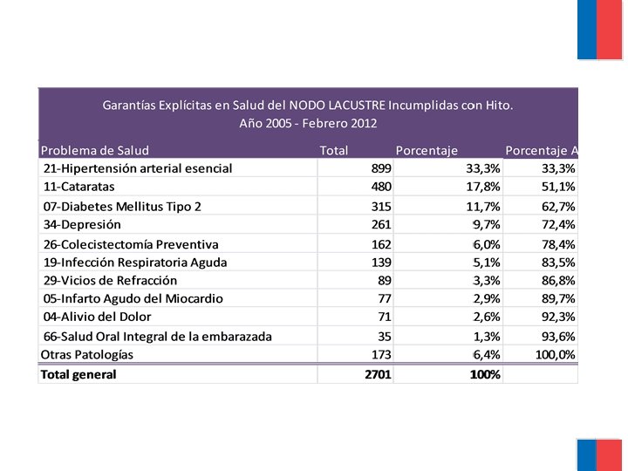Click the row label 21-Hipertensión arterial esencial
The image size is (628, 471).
[x=138, y=168]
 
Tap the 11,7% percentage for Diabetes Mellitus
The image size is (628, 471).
[x=482, y=206]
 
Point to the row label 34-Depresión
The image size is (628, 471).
[x=82, y=224]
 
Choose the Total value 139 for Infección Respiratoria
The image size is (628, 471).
[x=379, y=262]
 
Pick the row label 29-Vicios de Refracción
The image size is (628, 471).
[x=110, y=280]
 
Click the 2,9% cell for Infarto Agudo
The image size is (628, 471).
[x=486, y=298]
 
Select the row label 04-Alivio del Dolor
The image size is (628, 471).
[x=97, y=317]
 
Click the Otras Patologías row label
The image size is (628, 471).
[x=87, y=354]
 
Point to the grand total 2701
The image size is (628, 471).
[x=378, y=374]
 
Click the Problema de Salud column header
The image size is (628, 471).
[x=95, y=150]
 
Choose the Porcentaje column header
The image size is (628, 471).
[x=427, y=150]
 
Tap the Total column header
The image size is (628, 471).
[x=334, y=150]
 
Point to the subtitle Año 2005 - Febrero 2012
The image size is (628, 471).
[x=308, y=123]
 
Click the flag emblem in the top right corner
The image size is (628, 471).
[x=599, y=30]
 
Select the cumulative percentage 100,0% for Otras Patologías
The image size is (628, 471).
[x=555, y=354]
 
